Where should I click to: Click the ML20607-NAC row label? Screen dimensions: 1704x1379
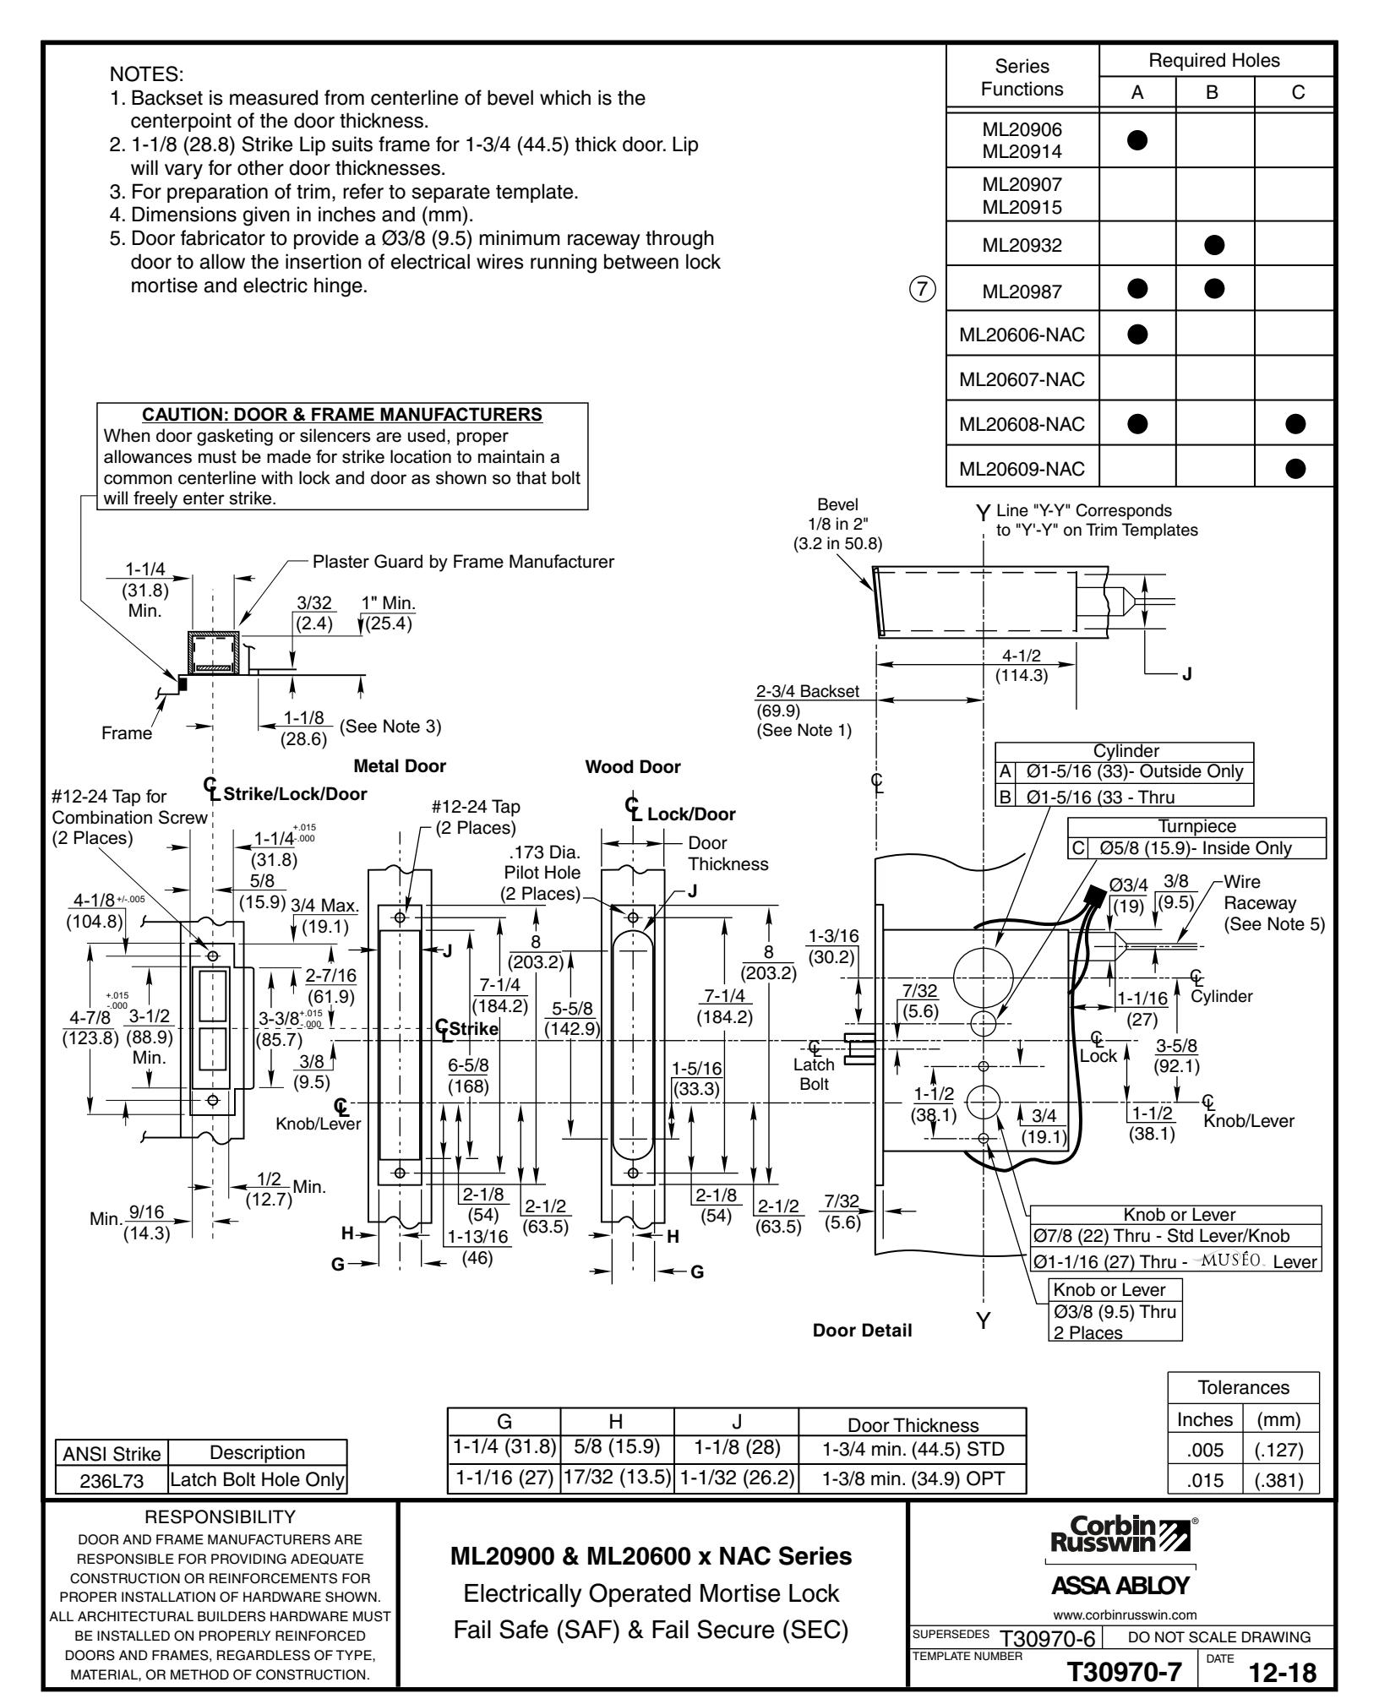coord(1022,379)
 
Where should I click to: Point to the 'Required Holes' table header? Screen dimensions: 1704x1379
coord(1215,60)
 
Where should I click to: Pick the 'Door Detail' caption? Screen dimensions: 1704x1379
coord(862,1331)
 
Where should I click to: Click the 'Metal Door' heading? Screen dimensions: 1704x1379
coord(400,766)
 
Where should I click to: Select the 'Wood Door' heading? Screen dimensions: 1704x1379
coord(632,766)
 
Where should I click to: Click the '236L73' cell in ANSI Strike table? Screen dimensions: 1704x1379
coord(112,1479)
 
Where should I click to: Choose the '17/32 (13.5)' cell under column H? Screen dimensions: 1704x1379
coord(617,1479)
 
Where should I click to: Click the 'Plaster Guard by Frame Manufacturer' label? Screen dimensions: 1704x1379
coord(463,561)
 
